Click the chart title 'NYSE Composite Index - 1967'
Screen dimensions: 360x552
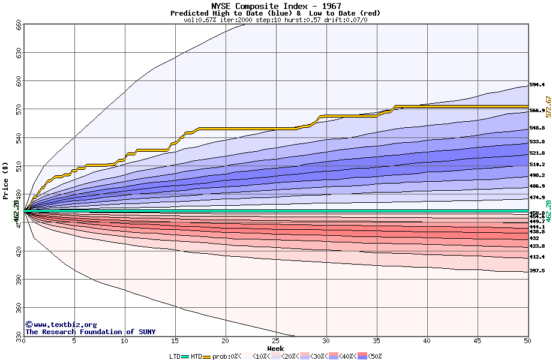[x=275, y=6]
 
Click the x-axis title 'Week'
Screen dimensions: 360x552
[x=275, y=348]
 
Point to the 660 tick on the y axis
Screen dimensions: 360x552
[x=19, y=25]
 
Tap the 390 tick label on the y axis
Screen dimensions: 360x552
[x=19, y=281]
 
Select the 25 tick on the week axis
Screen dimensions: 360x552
[x=275, y=341]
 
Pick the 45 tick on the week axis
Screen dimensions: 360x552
[x=477, y=341]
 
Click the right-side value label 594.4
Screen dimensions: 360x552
[x=537, y=85]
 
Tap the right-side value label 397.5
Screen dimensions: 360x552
[x=537, y=271]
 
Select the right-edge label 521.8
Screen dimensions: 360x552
[x=537, y=153]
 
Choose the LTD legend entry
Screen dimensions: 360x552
[x=176, y=356]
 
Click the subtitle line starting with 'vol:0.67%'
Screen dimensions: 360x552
[x=275, y=20]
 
